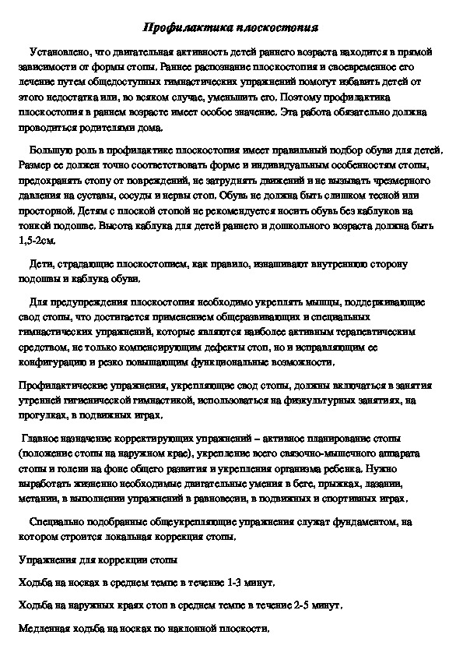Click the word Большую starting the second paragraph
(51, 150)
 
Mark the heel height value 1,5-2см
(37, 240)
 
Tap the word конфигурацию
(49, 362)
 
